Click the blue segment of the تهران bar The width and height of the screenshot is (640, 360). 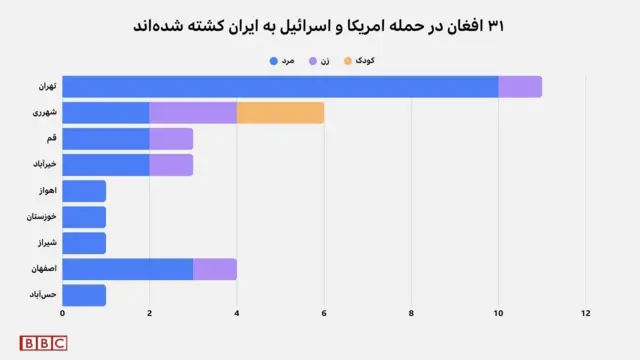click(x=280, y=87)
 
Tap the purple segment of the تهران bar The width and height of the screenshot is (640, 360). click(x=520, y=87)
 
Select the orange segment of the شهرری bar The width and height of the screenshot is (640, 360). click(x=280, y=113)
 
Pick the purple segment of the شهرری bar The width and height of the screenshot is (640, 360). click(x=193, y=113)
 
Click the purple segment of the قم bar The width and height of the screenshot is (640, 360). click(x=171, y=138)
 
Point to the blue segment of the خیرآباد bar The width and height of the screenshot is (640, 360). click(x=106, y=164)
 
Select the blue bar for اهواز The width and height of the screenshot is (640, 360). click(x=84, y=190)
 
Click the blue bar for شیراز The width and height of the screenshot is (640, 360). click(x=84, y=242)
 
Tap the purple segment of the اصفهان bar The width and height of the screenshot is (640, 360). click(x=215, y=268)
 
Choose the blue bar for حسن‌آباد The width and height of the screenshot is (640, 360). click(x=84, y=294)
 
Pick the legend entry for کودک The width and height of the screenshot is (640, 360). click(x=359, y=61)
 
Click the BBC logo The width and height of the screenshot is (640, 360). click(x=43, y=343)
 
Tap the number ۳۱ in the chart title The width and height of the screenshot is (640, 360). click(x=495, y=24)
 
